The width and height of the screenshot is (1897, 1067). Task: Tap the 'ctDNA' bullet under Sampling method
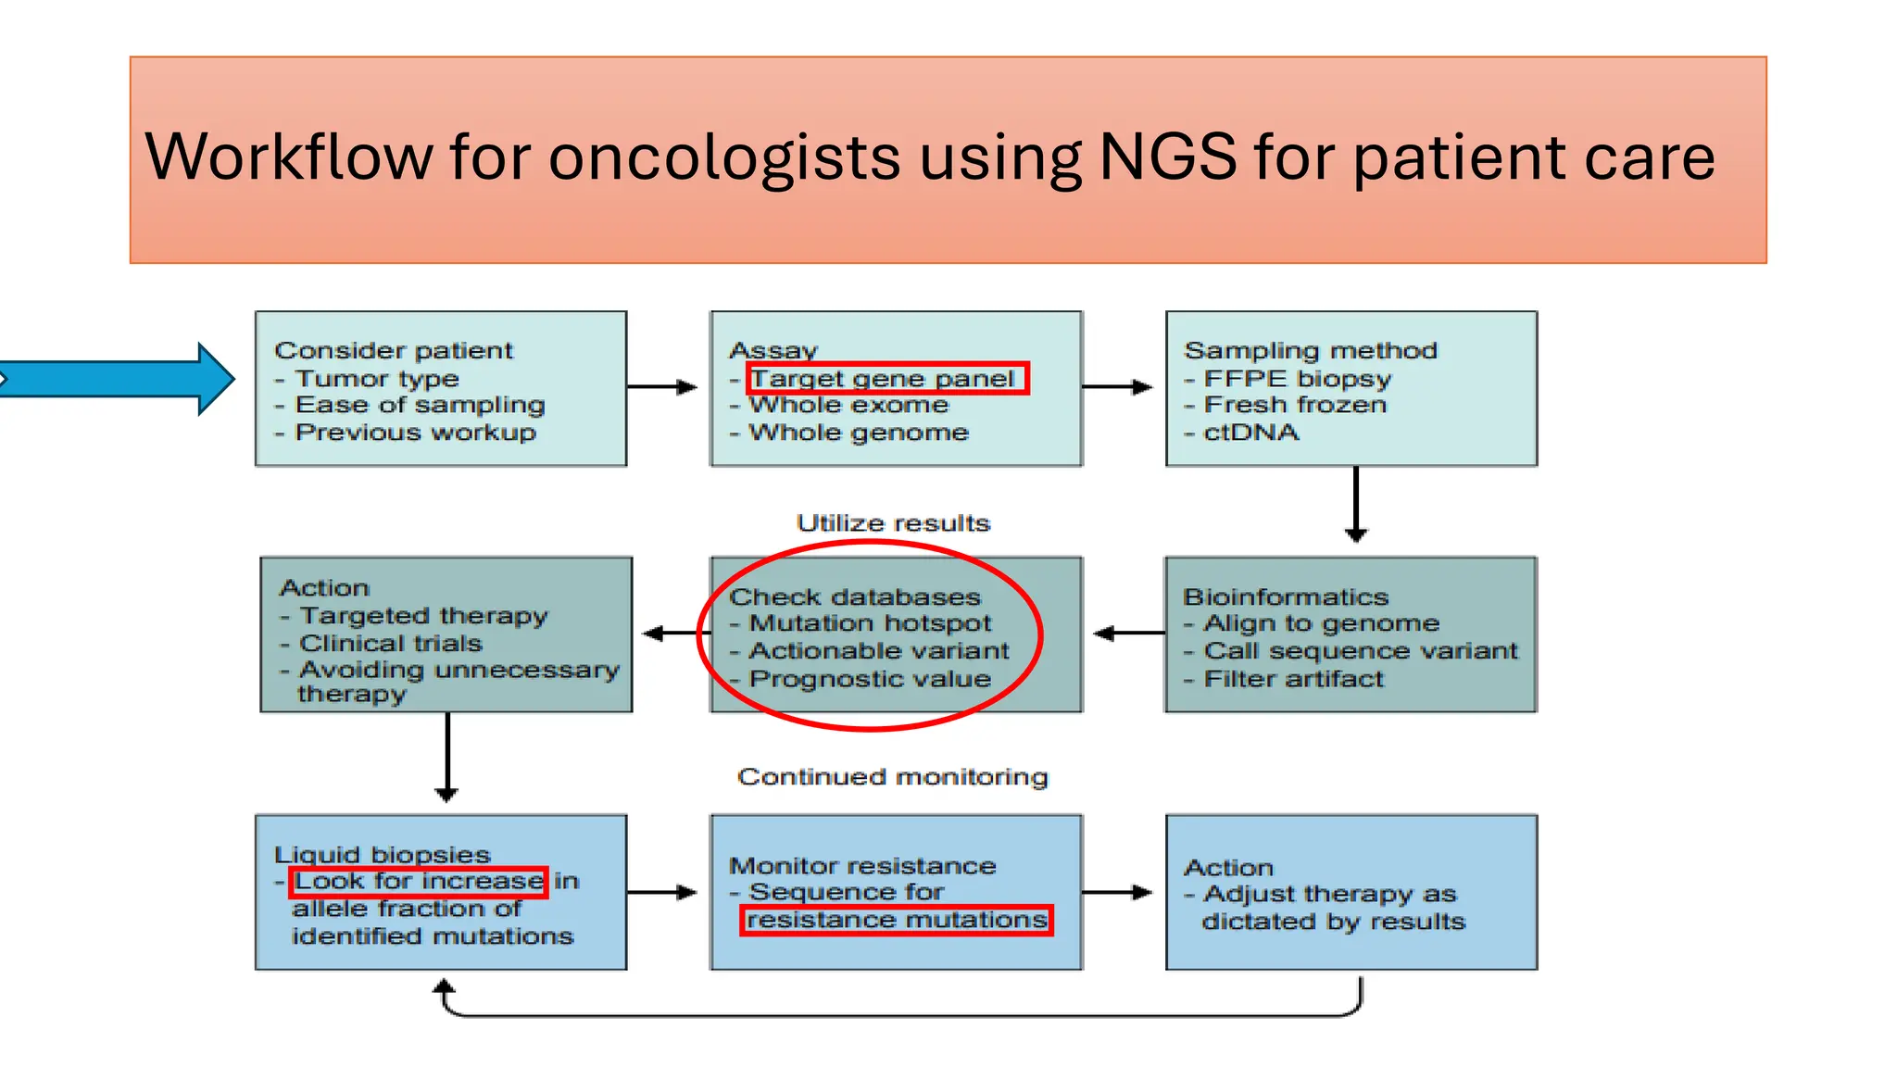coord(1250,433)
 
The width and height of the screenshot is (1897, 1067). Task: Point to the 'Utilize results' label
coord(893,523)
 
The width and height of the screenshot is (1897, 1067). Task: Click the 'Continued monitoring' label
coord(892,776)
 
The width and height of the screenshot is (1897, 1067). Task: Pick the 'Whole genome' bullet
coord(858,433)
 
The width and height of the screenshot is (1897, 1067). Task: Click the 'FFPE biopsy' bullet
coord(1297,379)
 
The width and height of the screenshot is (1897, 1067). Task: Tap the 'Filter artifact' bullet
coord(1293,679)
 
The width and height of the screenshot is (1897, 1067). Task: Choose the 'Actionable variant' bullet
coord(878,651)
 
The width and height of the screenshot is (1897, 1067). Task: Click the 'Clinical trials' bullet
coord(390,643)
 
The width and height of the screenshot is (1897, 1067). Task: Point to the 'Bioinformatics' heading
coord(1286,596)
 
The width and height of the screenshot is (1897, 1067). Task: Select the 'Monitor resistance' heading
coord(861,865)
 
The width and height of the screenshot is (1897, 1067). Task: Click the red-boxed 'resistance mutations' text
coord(897,920)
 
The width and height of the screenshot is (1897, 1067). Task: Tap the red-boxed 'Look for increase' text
coord(419,881)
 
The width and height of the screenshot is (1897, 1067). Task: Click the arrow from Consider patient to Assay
coord(661,387)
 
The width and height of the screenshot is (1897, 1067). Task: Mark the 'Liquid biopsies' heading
coord(382,854)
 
